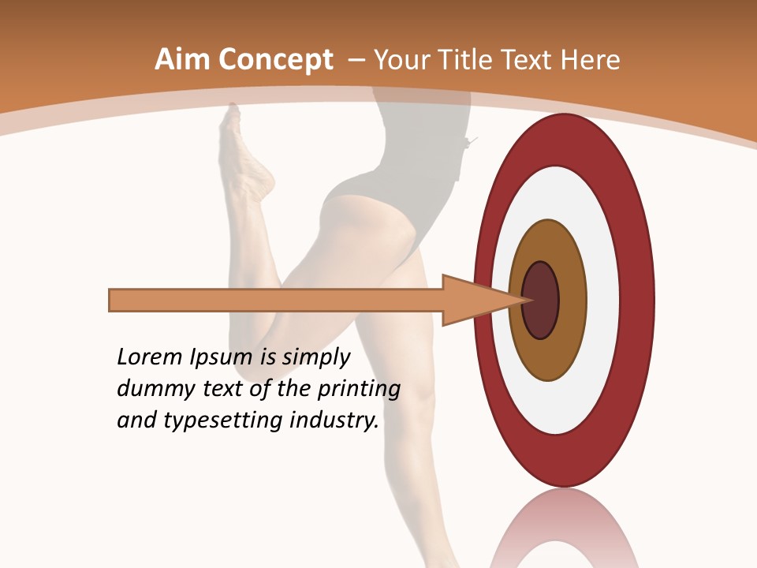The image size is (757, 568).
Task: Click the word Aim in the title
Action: coord(181,60)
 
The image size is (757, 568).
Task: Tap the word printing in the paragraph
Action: coord(359,390)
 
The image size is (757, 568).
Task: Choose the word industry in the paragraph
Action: coord(334,420)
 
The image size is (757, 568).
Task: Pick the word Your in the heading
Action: coord(399,60)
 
